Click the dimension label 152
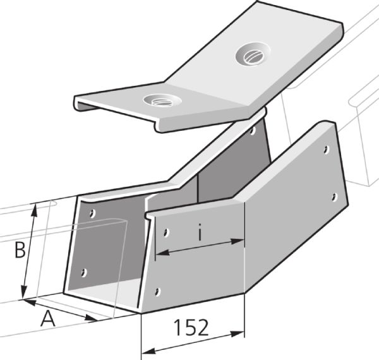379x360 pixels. (191, 327)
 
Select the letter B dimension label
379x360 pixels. (20, 250)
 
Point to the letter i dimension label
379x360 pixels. (200, 232)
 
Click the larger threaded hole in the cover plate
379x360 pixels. (253, 54)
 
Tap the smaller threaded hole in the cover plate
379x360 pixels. (162, 100)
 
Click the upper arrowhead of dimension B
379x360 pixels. (35, 210)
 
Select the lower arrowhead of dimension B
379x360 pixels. (24, 292)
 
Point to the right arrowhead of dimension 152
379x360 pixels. (237, 334)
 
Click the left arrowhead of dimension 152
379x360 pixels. (148, 351)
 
